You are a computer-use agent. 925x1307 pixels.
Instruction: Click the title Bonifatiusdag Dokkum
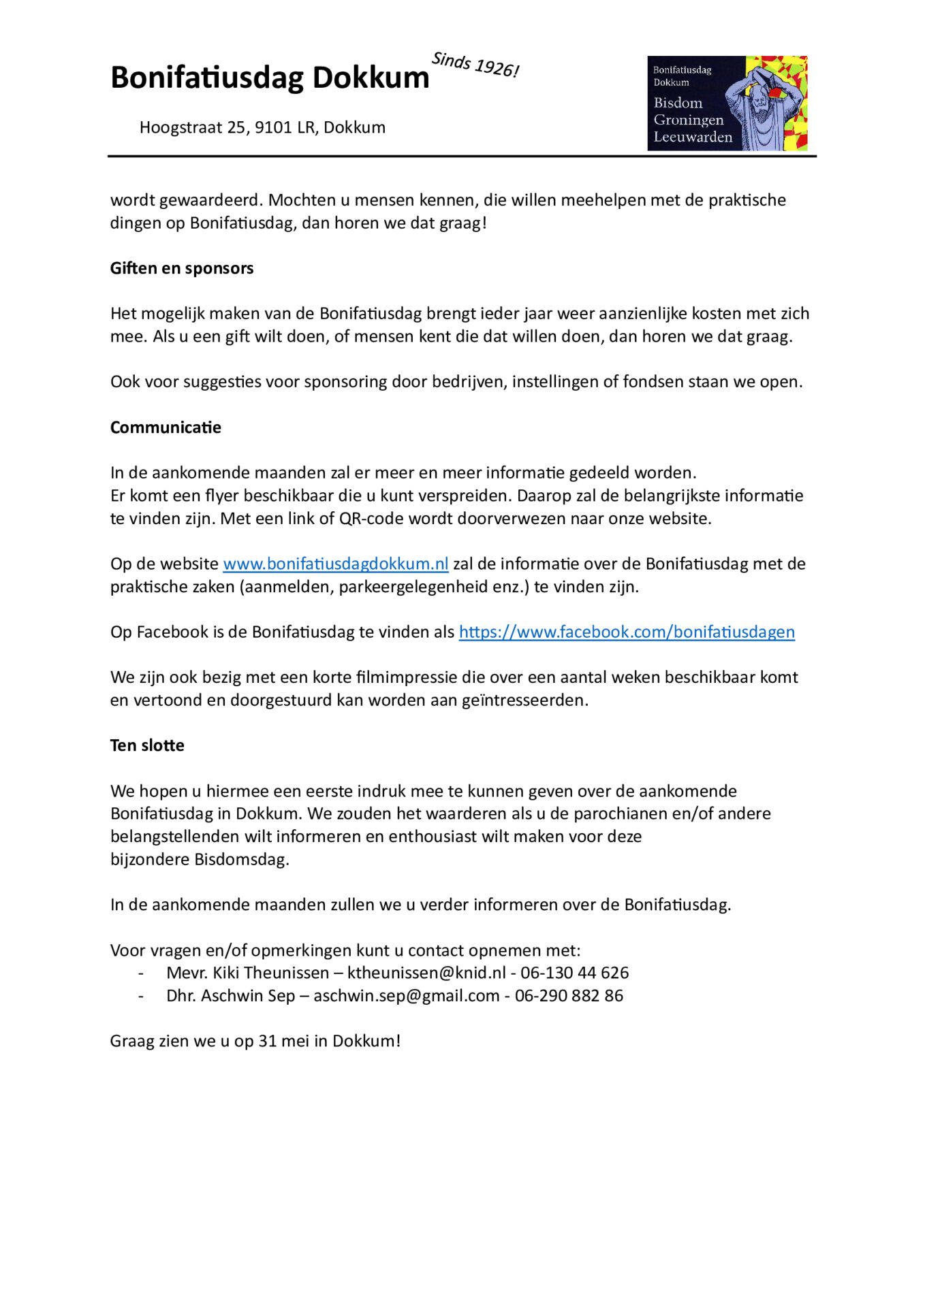[270, 78]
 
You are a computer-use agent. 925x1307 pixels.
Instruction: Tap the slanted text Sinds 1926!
[475, 65]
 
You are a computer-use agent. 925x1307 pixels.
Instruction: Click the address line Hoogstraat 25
[262, 127]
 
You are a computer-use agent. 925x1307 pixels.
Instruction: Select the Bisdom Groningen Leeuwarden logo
[727, 103]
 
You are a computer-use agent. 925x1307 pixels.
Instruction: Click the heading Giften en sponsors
[182, 268]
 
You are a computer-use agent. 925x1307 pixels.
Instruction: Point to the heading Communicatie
[166, 427]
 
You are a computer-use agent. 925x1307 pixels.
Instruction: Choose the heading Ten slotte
[147, 745]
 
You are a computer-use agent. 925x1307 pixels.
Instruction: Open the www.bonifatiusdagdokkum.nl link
[336, 564]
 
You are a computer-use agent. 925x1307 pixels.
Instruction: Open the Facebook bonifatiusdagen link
[627, 632]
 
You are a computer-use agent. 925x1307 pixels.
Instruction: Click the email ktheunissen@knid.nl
[427, 973]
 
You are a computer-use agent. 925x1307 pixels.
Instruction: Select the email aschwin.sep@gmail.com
[407, 996]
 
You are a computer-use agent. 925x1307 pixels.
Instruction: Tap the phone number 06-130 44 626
[575, 973]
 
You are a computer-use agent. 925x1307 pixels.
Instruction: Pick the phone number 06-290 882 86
[569, 996]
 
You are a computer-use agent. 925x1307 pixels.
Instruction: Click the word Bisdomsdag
[242, 859]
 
